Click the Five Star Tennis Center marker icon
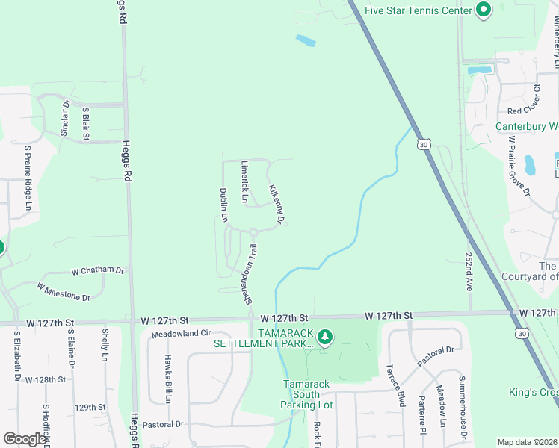coord(484,10)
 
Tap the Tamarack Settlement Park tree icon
coord(325,337)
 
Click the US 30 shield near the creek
coord(424,143)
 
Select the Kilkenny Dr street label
coord(277,205)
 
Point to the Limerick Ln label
coord(244,181)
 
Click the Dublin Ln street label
coord(223,205)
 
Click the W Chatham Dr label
coord(98,270)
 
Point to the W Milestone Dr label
coord(64,291)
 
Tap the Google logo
coord(25,438)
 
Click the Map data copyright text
coord(527,442)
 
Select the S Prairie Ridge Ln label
coord(28,177)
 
